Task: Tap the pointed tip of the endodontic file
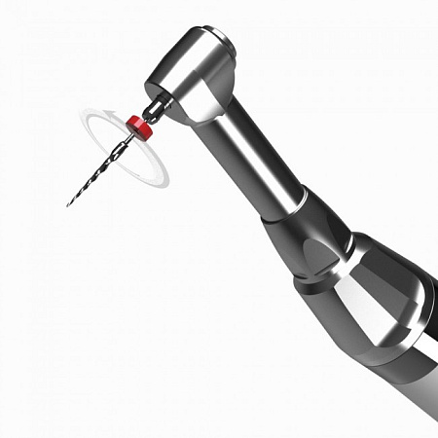click(68, 205)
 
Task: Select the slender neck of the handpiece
click(253, 165)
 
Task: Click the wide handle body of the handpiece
click(389, 331)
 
